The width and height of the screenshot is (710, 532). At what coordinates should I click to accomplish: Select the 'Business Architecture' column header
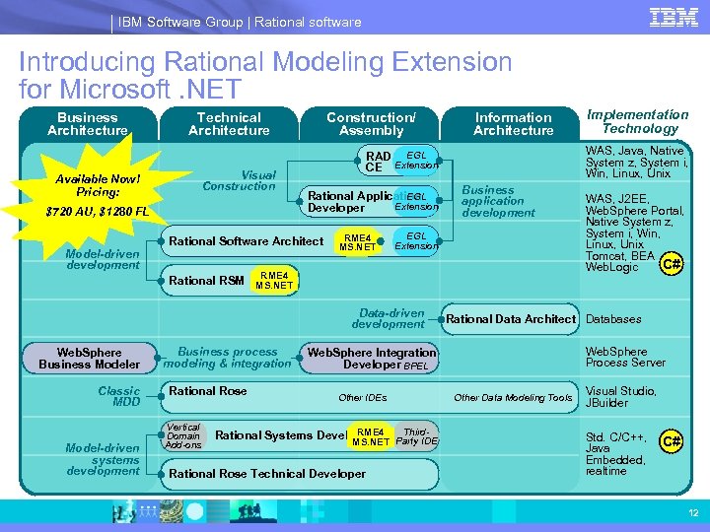click(88, 124)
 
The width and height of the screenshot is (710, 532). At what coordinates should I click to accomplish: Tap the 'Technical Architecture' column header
click(229, 124)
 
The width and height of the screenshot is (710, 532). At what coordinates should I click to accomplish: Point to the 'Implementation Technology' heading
click(638, 121)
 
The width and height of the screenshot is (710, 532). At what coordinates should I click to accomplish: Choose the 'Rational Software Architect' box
click(246, 241)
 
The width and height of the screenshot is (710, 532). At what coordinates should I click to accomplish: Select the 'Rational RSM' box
click(206, 281)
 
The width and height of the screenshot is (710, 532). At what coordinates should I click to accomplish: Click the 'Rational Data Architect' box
click(510, 319)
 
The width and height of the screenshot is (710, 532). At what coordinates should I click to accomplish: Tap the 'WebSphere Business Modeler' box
click(89, 359)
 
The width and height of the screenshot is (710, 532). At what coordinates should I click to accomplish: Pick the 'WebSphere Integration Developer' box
click(371, 359)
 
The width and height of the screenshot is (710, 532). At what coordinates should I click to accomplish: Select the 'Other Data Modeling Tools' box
click(513, 398)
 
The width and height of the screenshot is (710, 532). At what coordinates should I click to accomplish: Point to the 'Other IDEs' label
click(363, 398)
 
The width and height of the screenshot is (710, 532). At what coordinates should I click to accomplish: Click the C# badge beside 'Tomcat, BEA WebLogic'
click(672, 263)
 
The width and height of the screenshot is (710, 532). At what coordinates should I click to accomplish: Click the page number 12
click(692, 513)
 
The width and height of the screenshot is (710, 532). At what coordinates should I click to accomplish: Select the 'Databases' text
click(613, 319)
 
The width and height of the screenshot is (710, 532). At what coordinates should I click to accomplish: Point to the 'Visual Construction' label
click(239, 180)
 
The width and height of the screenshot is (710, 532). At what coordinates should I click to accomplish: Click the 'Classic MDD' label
click(119, 397)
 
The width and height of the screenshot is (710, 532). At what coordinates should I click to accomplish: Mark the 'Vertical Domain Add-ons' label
click(183, 436)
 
